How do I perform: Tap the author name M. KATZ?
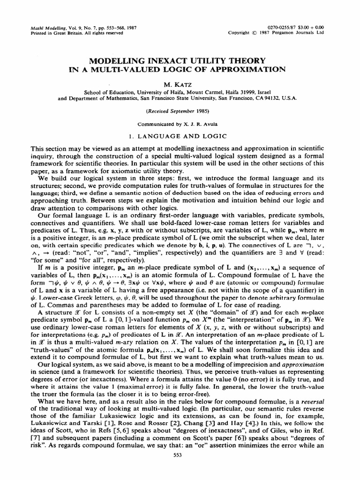click(x=180, y=83)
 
